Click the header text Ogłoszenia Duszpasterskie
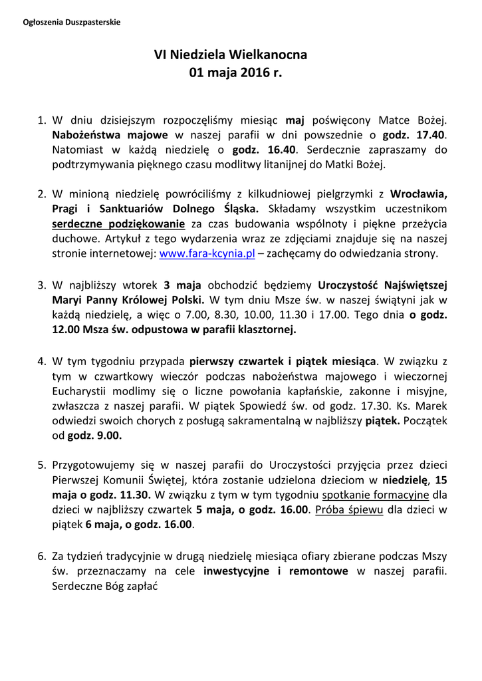tap(72, 22)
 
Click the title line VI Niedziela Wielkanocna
tap(231, 55)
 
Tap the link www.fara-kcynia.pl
tap(208, 253)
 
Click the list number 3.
tap(41, 285)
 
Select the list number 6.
tap(41, 555)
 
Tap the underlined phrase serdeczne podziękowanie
tap(118, 224)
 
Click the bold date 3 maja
tap(182, 285)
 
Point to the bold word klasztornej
tap(263, 329)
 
